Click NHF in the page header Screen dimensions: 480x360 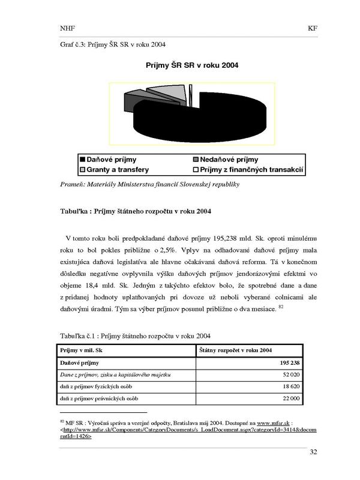point(68,28)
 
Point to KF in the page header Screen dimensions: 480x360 point(312,28)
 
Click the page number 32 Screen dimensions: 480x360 point(313,452)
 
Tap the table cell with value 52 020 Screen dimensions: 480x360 point(291,374)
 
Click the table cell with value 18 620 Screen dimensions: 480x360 point(291,386)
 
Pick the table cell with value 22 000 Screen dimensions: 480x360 point(291,398)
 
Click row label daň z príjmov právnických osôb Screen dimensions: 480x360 point(99,398)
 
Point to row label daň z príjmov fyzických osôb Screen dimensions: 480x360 point(96,386)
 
